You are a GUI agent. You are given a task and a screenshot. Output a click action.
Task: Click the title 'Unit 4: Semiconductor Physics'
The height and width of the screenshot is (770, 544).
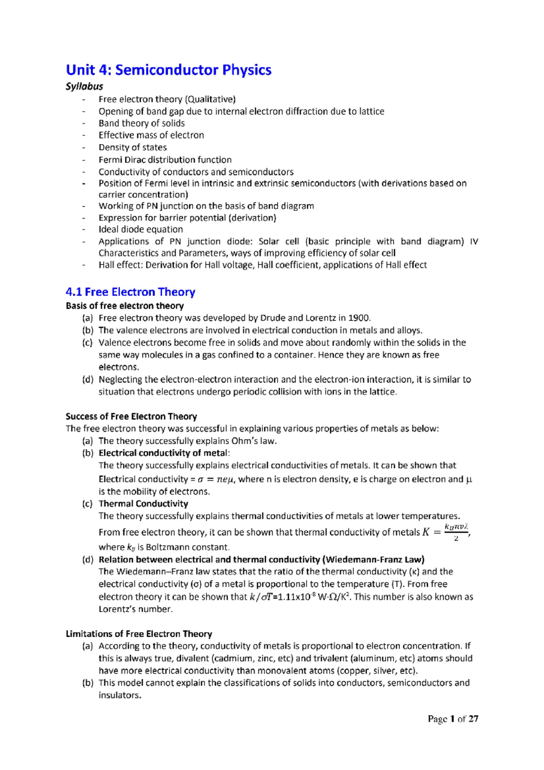point(168,70)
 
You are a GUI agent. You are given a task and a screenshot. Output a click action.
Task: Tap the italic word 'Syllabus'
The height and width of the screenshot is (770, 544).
point(84,86)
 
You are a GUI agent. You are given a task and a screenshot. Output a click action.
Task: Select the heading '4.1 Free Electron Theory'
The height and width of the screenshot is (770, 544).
point(130,292)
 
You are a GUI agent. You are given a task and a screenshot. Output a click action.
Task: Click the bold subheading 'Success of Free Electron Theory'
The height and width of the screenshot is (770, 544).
point(131,416)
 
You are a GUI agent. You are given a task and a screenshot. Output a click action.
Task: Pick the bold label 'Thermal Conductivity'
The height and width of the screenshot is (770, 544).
point(143,503)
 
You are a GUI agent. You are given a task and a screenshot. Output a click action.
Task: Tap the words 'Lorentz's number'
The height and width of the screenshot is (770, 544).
point(135,609)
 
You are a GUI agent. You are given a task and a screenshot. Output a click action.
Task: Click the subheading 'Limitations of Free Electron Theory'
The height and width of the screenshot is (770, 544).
point(139,634)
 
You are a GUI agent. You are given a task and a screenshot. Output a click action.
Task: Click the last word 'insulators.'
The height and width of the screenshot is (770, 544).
point(120,695)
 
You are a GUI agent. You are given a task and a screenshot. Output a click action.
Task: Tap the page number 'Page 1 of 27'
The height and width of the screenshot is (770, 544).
point(453,719)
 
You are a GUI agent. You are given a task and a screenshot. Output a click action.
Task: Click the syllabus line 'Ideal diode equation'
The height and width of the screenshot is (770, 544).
point(141,229)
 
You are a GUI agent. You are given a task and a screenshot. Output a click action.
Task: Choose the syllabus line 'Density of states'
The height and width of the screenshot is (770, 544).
point(132,147)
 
